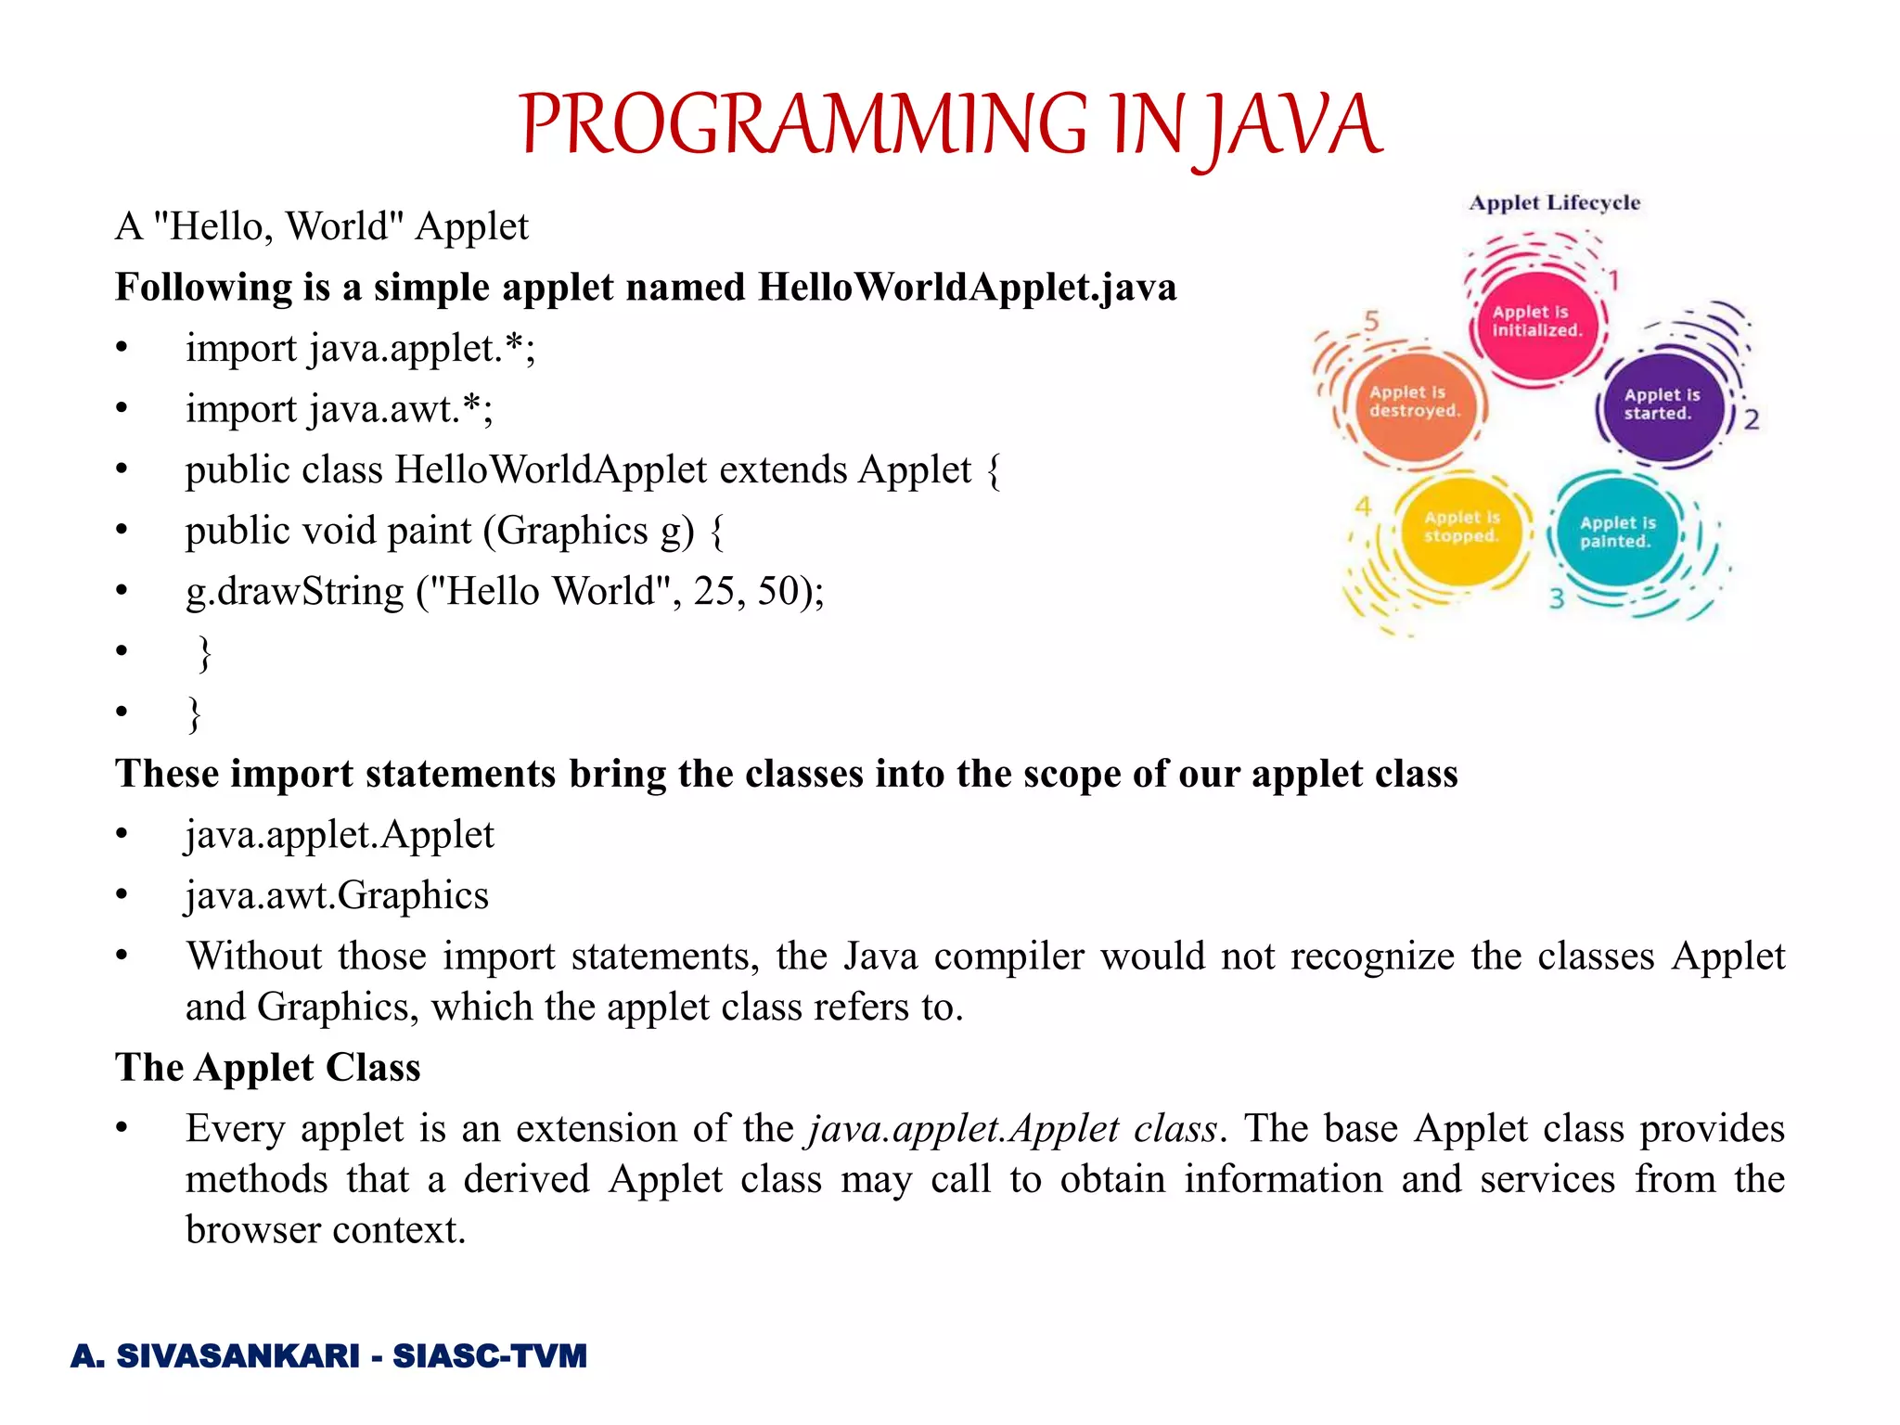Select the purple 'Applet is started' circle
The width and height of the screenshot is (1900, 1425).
pyautogui.click(x=1662, y=405)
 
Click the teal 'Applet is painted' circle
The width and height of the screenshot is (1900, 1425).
pyautogui.click(x=1617, y=532)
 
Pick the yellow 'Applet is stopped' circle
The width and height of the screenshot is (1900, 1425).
pyautogui.click(x=1462, y=528)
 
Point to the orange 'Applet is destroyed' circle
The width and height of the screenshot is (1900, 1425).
pyautogui.click(x=1414, y=403)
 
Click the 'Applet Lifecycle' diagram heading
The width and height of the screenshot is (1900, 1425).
pyautogui.click(x=1554, y=203)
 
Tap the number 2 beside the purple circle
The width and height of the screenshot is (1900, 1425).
pyautogui.click(x=1751, y=420)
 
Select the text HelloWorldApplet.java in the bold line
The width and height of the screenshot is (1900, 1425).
pyautogui.click(x=967, y=288)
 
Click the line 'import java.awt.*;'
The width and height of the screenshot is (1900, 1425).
pyautogui.click(x=339, y=409)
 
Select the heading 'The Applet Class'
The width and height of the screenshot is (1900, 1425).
pyautogui.click(x=267, y=1068)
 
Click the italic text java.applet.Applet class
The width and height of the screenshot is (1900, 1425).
pyautogui.click(x=1012, y=1129)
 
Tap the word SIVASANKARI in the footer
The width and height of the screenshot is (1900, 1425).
pyautogui.click(x=237, y=1356)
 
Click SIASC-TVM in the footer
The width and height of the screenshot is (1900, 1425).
pyautogui.click(x=490, y=1356)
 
